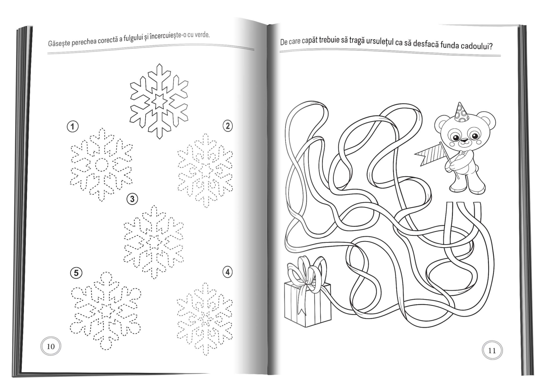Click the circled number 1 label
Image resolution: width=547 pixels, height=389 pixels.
click(x=72, y=127)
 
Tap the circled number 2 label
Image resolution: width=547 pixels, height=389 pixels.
click(x=228, y=126)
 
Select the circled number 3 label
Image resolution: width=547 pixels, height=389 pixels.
click(x=132, y=199)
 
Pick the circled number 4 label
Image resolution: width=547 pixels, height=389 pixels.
click(x=228, y=272)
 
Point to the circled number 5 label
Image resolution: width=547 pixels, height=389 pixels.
click(x=76, y=273)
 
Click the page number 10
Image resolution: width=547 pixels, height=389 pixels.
click(x=51, y=347)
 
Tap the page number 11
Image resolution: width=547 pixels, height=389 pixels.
click(x=492, y=351)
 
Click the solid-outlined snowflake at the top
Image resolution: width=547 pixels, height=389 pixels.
click(x=159, y=101)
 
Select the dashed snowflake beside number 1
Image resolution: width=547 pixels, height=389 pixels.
click(x=101, y=165)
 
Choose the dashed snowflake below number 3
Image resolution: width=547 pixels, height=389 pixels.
click(x=154, y=242)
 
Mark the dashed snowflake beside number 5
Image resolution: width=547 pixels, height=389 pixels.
click(x=106, y=311)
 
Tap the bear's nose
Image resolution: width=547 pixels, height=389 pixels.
click(x=464, y=140)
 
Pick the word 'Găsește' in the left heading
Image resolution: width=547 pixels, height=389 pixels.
click(x=59, y=43)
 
